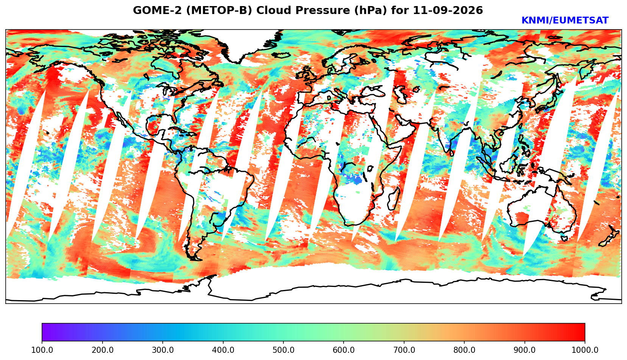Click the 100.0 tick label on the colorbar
pos(42,350)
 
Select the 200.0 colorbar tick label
pos(103,350)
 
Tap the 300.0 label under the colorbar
pos(163,350)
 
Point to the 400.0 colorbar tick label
pos(223,350)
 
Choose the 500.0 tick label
pos(283,350)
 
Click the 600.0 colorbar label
pos(344,350)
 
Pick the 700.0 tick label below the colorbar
pos(404,350)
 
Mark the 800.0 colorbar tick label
pos(464,350)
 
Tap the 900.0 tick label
pos(524,350)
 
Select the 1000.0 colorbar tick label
pos(585,350)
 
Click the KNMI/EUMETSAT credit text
pos(565,20)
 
